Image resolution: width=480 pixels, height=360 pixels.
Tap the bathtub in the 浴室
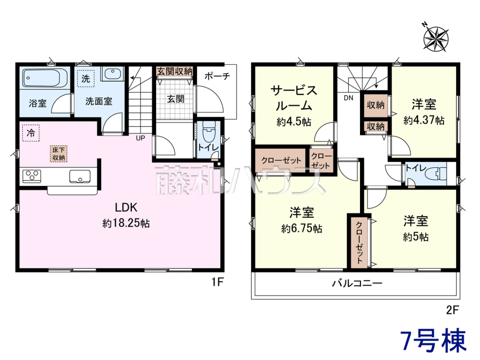pos(45,78)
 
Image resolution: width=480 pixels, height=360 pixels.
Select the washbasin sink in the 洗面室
pos(112,74)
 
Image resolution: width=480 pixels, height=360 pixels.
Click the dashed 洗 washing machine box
pos(86,78)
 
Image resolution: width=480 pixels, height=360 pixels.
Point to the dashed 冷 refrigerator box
pos(31,133)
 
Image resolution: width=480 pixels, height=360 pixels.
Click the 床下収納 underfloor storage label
pos(58,154)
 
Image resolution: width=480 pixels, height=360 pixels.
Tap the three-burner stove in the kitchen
pos(32,176)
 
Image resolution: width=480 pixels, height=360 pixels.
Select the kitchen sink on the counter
pos(80,176)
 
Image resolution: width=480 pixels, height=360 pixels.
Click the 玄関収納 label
pos(174,71)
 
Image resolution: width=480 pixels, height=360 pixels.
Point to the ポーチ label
pos(217,76)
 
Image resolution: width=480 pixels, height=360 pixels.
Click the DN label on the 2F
pos(348,98)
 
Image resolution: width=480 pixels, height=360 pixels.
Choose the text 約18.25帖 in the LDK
pos(126,223)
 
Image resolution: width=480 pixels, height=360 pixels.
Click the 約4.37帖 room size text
pos(424,120)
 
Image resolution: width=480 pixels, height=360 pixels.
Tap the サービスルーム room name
pos(294,98)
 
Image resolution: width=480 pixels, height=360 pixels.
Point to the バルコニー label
pos(357,284)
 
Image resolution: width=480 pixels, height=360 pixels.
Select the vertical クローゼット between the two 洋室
pos(359,242)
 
